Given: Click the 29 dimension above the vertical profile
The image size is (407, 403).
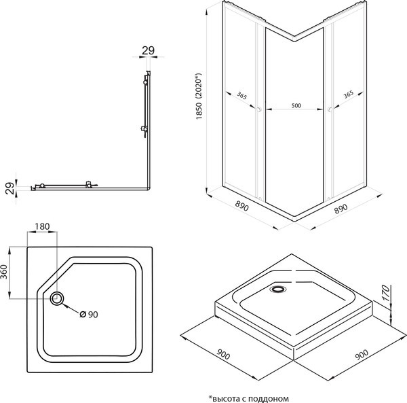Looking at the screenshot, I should coord(147,50).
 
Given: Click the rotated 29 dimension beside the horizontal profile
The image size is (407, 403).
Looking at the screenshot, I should coord(10,188).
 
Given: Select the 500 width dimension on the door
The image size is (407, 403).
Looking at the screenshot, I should coord(295,107).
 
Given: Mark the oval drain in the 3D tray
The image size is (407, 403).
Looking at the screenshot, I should coord(277,290).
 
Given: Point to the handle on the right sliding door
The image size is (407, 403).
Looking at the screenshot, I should coord(330,109).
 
